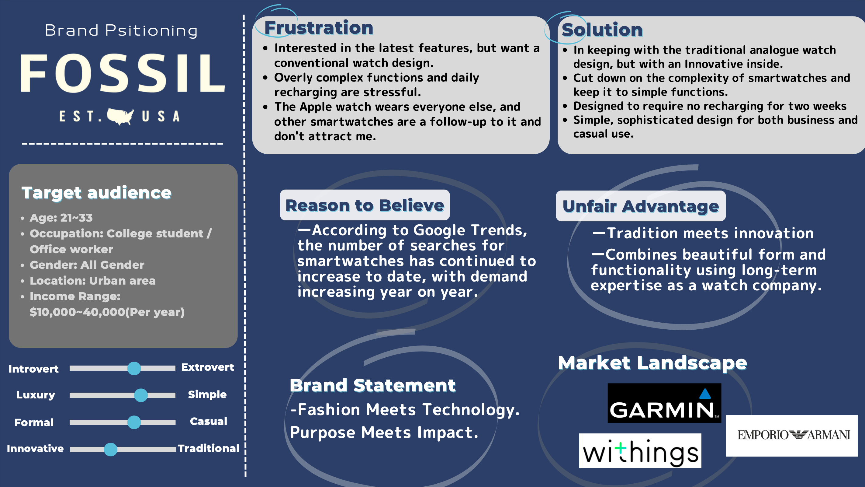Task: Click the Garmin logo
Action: click(664, 403)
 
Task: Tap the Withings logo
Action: click(640, 451)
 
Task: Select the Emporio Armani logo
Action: click(791, 435)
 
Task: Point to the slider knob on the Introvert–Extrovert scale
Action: click(134, 368)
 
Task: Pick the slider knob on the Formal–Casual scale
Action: click(134, 422)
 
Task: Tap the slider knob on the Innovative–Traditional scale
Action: click(110, 449)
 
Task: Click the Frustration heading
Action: click(319, 28)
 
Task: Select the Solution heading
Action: click(602, 30)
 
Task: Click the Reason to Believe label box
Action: click(365, 205)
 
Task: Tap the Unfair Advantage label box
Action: click(640, 206)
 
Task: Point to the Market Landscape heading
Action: click(652, 363)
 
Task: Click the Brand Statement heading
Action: click(372, 385)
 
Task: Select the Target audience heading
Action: click(96, 193)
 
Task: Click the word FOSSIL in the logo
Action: click(123, 73)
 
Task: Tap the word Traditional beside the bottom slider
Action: click(208, 448)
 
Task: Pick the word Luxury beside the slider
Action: click(36, 394)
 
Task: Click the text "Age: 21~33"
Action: click(61, 218)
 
